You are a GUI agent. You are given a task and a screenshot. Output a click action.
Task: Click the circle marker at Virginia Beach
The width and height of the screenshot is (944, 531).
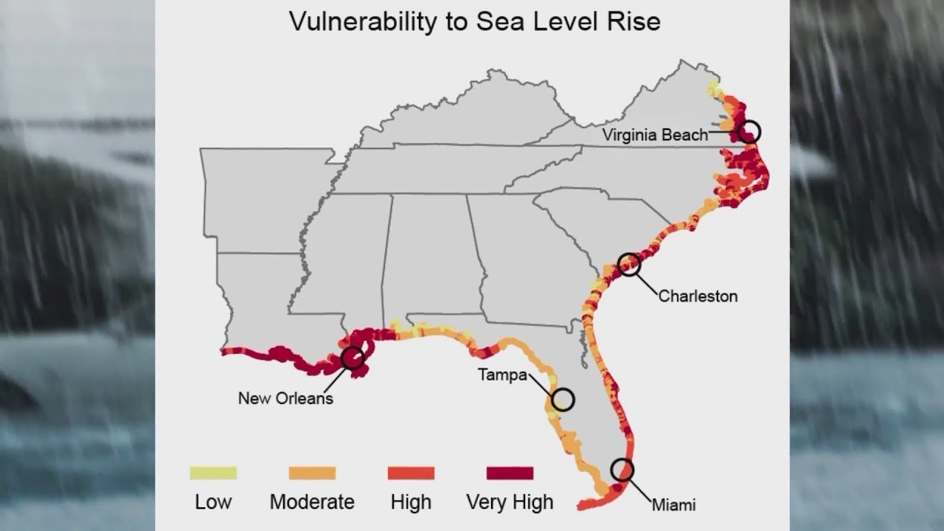[749, 131]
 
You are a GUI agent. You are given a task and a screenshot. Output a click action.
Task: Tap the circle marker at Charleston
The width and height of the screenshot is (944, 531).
[629, 264]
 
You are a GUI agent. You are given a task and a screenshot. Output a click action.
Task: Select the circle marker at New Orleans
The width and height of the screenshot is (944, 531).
[353, 358]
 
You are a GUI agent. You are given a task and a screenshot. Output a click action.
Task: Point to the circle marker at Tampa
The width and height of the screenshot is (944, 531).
[563, 400]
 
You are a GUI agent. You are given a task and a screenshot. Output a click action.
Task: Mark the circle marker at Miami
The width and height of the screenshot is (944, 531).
[622, 470]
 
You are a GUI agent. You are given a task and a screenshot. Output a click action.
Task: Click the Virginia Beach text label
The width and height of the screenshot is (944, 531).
[654, 135]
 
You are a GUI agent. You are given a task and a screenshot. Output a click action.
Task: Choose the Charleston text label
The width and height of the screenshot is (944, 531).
[697, 296]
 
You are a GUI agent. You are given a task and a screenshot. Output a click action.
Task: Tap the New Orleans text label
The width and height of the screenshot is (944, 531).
[285, 398]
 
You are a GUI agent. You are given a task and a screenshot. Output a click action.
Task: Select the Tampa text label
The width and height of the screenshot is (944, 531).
[502, 375]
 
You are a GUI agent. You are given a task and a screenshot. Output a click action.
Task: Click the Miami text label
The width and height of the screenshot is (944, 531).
[673, 505]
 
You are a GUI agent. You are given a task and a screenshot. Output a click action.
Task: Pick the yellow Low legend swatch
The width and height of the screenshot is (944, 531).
[213, 473]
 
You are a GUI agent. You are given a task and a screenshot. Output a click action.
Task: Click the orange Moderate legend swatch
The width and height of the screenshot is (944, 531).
[312, 473]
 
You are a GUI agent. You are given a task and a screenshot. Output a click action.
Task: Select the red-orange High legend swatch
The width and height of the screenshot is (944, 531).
[411, 473]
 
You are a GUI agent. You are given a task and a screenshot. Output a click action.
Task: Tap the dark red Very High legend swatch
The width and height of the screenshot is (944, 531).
[510, 473]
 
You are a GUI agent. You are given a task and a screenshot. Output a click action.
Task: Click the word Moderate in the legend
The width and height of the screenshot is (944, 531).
[312, 502]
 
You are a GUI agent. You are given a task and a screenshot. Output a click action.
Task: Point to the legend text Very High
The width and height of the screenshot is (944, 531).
[510, 503]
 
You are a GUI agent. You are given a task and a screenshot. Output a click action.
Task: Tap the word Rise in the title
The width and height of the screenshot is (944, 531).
[635, 21]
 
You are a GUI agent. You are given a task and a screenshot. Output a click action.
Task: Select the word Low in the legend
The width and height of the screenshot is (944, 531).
[213, 502]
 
